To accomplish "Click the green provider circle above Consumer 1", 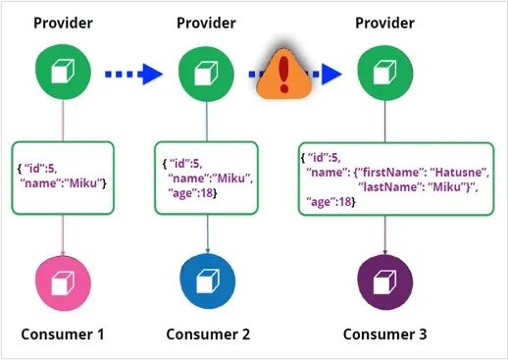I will point(63,73).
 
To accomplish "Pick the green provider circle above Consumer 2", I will point(205,73).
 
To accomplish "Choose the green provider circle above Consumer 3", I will point(384,73).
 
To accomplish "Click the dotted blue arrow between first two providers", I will point(133,73).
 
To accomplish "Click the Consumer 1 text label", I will point(63,334).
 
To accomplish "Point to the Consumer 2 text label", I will point(205,334).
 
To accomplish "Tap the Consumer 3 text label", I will point(384,334).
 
